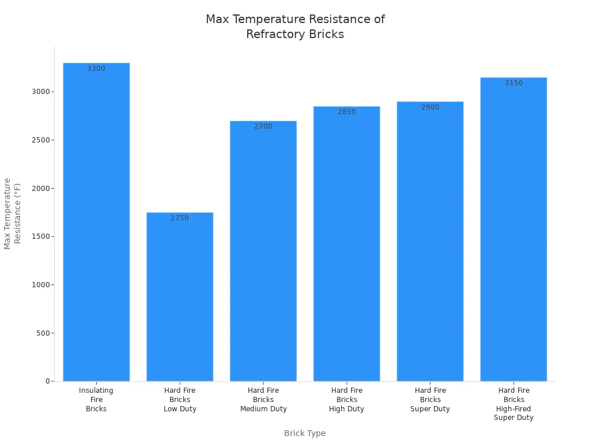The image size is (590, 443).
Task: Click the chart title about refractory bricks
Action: [x=295, y=27]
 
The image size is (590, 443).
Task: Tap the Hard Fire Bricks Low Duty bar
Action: [x=180, y=300]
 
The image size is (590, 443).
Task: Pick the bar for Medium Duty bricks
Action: [x=263, y=254]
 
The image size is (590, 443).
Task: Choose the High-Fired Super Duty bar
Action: [x=513, y=231]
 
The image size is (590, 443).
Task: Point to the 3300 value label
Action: [x=96, y=69]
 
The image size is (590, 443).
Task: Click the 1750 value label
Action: [x=180, y=218]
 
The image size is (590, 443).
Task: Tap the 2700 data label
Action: [x=263, y=126]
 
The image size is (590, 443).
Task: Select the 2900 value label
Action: [x=430, y=107]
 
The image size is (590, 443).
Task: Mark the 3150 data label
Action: [x=513, y=83]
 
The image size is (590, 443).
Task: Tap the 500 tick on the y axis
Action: [x=42, y=333]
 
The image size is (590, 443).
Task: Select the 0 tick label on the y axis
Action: [x=47, y=381]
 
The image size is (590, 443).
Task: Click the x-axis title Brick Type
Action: [x=305, y=433]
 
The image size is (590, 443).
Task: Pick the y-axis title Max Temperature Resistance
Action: [x=12, y=213]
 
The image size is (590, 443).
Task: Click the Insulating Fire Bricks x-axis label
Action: [x=96, y=399]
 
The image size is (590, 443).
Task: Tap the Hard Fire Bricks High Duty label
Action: [x=347, y=399]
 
